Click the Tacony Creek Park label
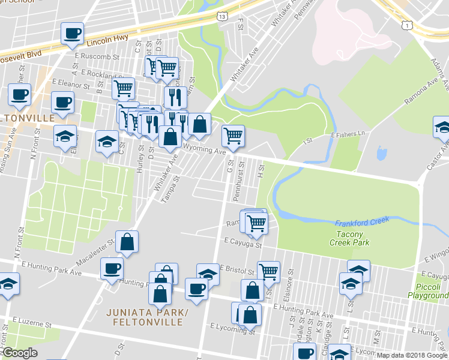click(349, 238)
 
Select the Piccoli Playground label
click(429, 291)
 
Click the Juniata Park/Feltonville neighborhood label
click(145, 317)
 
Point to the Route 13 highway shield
click(223, 17)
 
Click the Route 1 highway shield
click(408, 24)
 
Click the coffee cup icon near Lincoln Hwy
click(72, 34)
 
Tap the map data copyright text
click(411, 355)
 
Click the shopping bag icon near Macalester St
click(127, 242)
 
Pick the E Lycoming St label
click(233, 329)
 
